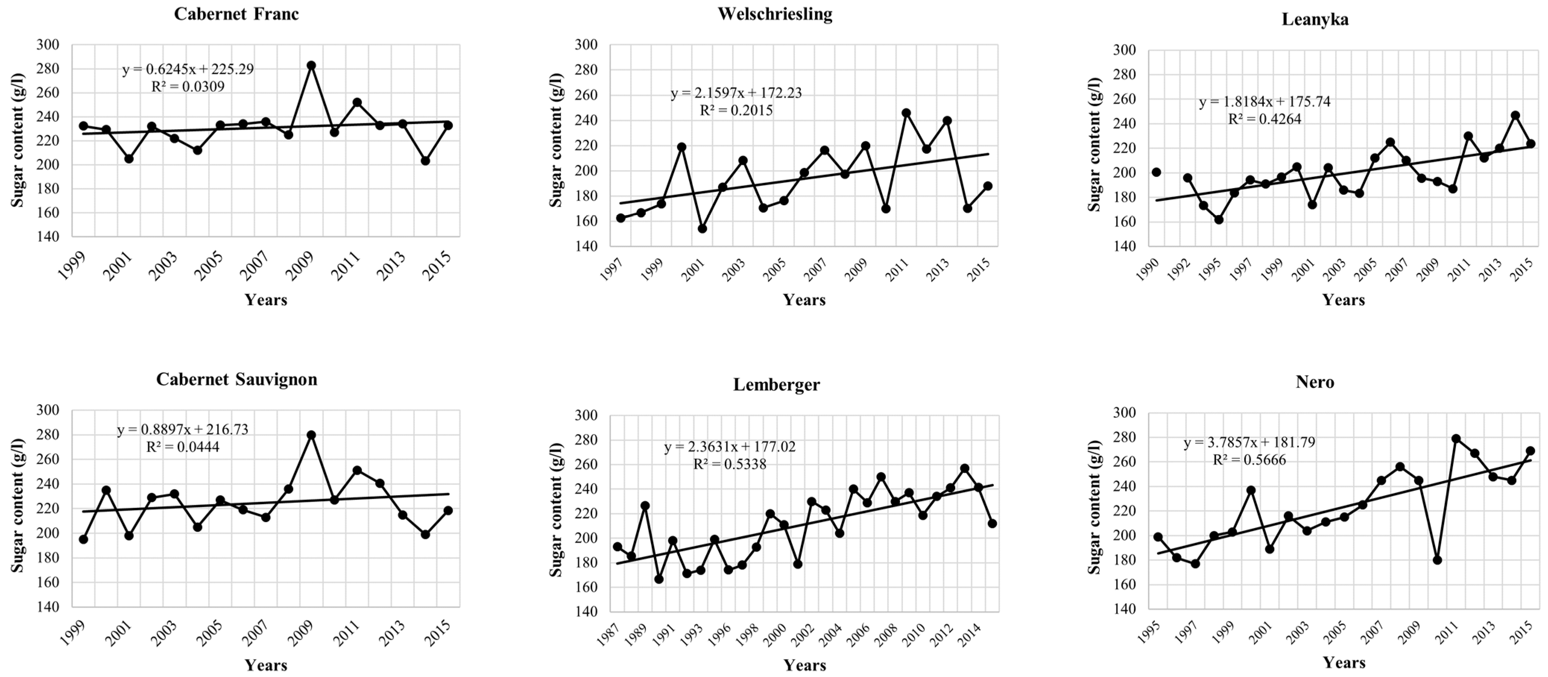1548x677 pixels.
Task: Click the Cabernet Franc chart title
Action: pos(236,15)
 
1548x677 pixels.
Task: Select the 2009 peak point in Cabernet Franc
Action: pos(311,66)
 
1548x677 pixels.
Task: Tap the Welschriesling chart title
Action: pos(775,15)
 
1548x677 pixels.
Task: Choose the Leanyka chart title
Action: pos(1315,19)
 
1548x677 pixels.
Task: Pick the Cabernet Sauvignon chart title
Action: pos(236,380)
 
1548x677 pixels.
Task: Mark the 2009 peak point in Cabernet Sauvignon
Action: pos(311,435)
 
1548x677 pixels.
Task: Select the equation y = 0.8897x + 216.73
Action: pos(182,430)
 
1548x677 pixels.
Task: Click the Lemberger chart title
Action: pos(776,385)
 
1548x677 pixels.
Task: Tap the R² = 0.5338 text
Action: pos(730,464)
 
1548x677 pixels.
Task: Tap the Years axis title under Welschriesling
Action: pos(804,300)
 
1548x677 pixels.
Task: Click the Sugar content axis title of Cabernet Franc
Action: pos(18,140)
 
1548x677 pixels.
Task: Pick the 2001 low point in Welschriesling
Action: pos(702,228)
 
